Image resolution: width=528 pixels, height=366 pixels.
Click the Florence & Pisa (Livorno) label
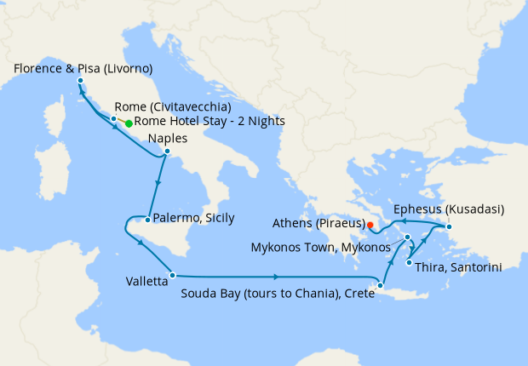coord(83,67)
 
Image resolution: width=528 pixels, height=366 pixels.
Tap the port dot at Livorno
coord(80,81)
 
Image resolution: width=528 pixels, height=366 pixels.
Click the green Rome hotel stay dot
coord(129,123)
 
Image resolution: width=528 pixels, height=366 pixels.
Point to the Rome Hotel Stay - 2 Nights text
coord(209,122)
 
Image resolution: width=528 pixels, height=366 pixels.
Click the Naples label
coord(168,139)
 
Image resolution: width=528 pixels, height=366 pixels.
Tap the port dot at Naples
coord(167,153)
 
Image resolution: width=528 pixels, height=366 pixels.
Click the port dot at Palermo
coord(148,220)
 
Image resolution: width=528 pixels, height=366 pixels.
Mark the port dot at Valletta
coord(172,275)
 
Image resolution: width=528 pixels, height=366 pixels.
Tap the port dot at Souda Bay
coord(381,286)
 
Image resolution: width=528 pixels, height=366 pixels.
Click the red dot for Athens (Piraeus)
coord(370,225)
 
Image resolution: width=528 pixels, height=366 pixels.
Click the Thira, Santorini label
coord(458,267)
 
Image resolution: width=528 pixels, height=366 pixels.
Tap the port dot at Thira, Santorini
coord(410,263)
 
